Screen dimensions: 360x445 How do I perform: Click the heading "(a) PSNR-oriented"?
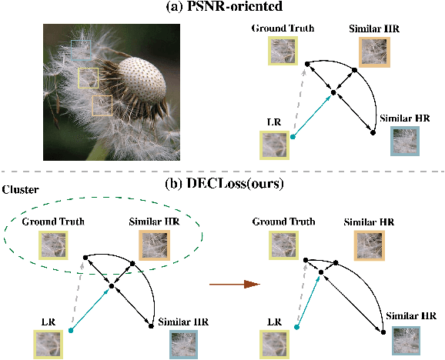(222, 8)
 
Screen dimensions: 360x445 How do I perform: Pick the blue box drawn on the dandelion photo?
(81, 50)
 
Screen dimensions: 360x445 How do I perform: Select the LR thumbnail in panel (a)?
(273, 144)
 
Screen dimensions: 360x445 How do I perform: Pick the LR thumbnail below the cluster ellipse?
(48, 342)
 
